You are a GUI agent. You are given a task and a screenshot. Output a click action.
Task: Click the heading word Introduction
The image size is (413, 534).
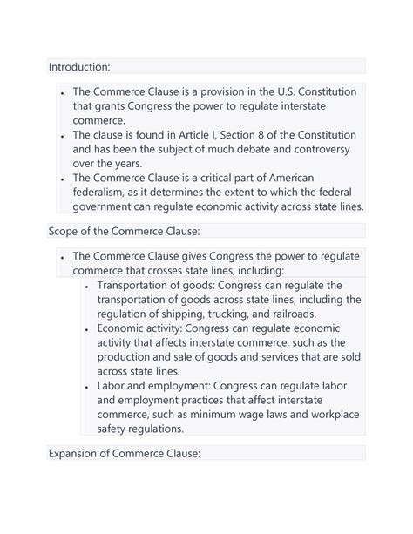tap(78, 66)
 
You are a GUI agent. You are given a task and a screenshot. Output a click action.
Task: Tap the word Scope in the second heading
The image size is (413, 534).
tap(66, 230)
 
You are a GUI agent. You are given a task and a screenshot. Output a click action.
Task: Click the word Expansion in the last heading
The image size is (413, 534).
tap(79, 453)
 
